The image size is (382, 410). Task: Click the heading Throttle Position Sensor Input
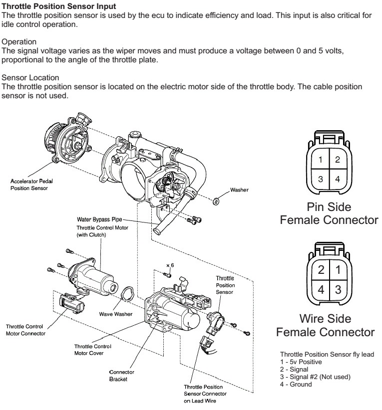click(x=59, y=6)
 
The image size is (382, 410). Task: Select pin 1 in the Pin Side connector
click(x=322, y=160)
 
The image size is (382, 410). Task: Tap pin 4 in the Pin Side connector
click(x=338, y=179)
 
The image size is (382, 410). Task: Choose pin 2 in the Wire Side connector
click(x=322, y=270)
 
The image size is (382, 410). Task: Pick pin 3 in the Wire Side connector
click(x=338, y=288)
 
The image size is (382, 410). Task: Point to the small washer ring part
click(x=216, y=201)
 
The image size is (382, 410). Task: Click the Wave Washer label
click(x=115, y=314)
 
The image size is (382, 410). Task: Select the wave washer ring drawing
click(x=127, y=294)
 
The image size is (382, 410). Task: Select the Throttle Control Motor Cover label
click(x=93, y=349)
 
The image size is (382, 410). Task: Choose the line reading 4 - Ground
click(x=296, y=384)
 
